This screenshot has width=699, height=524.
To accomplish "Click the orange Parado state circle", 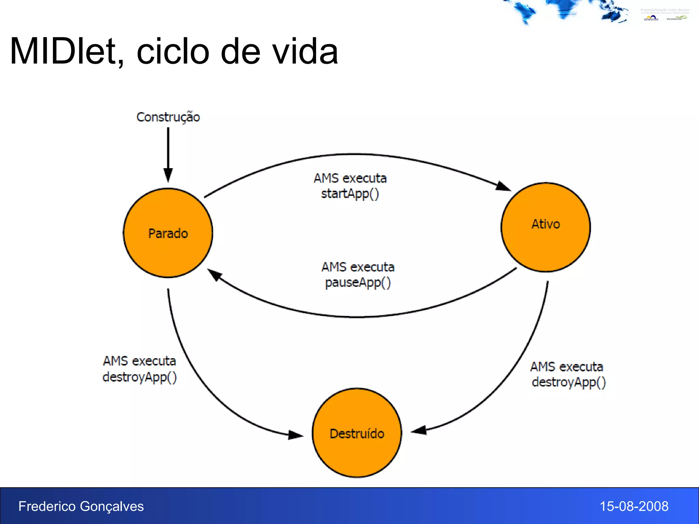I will coord(168,233).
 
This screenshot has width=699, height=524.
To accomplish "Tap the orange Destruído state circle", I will coord(357,433).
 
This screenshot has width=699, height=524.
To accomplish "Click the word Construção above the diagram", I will coord(168,117).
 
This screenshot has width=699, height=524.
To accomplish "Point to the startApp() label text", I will coord(350,194).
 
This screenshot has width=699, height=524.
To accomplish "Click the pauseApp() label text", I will coord(358,283).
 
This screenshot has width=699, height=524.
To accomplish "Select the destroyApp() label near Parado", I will coord(140,377).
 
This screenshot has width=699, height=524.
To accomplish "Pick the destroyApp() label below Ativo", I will coord(569,382).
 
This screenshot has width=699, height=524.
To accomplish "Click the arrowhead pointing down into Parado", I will coord(168,175).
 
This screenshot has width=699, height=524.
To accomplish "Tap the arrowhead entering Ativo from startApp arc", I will coord(503,186).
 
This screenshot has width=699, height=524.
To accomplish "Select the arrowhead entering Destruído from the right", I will coord(419,431).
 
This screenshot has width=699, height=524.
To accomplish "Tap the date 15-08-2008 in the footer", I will coord(634,506).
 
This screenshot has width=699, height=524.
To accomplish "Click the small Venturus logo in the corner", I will coord(675,18).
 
